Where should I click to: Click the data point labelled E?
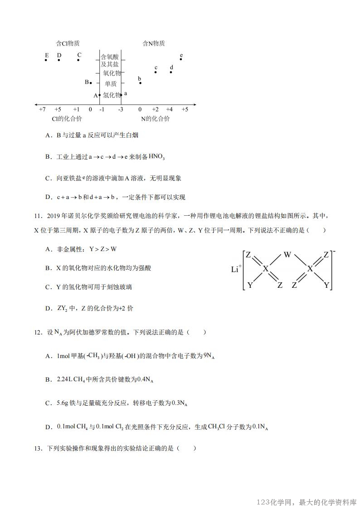pos(46,60)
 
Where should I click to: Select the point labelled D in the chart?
pos(59,60)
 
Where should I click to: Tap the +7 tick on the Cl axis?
pos(42,110)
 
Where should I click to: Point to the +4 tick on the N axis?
pos(169,110)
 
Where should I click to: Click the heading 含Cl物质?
pos(68,44)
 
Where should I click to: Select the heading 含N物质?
pos(154,44)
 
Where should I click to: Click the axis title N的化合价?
pos(155,119)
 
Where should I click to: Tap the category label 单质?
pos(111,84)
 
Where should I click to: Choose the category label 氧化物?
pos(112,73)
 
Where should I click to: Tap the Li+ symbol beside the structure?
pos(235,269)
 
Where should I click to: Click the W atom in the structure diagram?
pos(287,255)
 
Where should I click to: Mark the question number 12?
pos(38,332)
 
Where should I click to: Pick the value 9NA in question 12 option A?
pos(209,356)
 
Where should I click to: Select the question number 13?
pos(38,448)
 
